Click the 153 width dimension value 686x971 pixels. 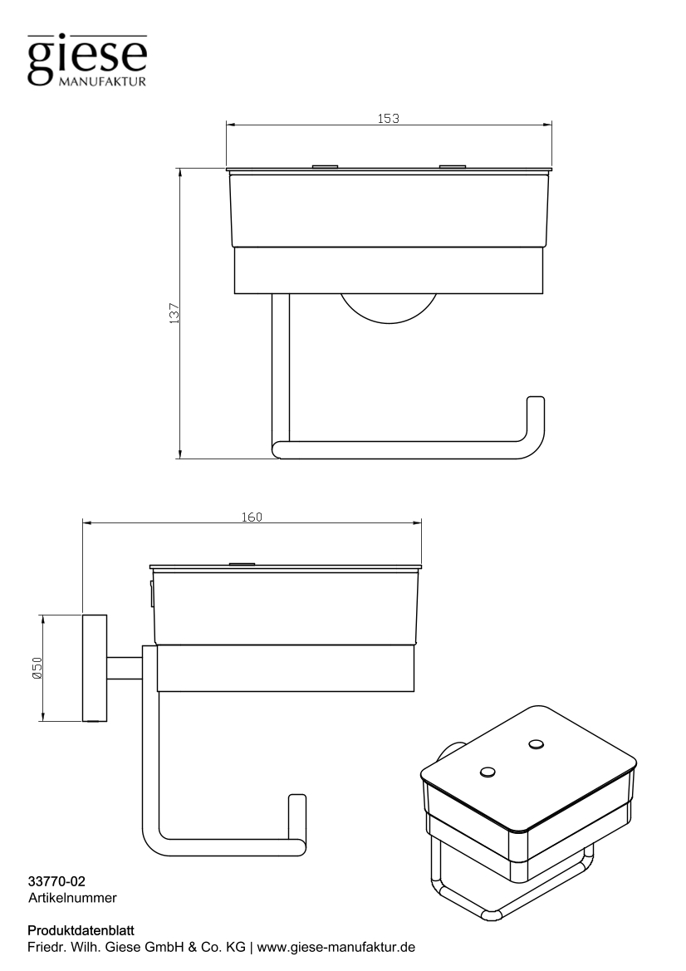[389, 118]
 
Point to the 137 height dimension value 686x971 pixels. [174, 314]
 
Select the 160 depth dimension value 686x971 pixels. [252, 517]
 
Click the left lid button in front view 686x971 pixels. [325, 167]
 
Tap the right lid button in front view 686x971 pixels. [453, 167]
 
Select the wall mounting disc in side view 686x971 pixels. [95, 668]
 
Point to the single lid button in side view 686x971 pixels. [242, 565]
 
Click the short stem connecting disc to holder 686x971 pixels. [125, 668]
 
